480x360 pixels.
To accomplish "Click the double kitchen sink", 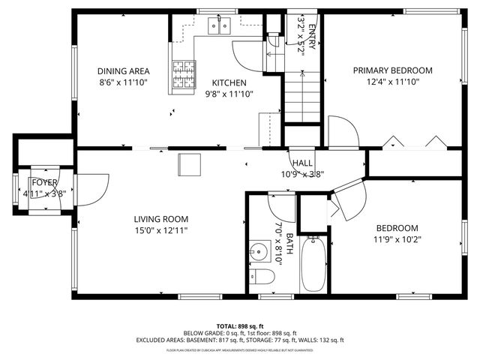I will [x=219, y=28].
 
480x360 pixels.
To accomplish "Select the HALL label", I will [x=302, y=163].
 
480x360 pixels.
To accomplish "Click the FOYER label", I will [x=44, y=182].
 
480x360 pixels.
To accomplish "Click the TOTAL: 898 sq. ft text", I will [x=239, y=326].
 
